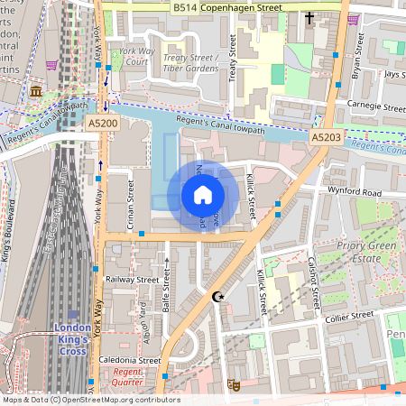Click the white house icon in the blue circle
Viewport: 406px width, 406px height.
[x=203, y=195]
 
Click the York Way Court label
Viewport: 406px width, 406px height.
[x=138, y=57]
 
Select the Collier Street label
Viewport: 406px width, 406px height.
[x=349, y=316]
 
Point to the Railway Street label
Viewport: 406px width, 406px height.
[x=133, y=280]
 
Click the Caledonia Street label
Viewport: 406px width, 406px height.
[x=131, y=359]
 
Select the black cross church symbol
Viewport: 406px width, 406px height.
[x=309, y=17]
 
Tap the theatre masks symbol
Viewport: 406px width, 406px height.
[x=233, y=384]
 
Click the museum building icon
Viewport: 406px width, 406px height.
[x=36, y=92]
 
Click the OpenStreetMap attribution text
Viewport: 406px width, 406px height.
[x=90, y=400]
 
